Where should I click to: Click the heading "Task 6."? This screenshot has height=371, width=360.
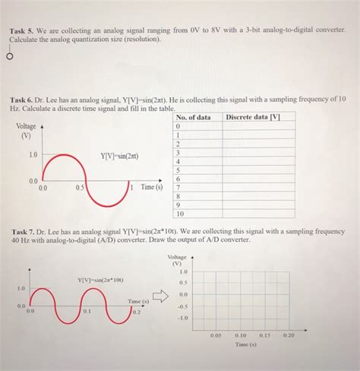[x=24, y=100]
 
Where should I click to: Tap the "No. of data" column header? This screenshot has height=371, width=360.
[x=193, y=117]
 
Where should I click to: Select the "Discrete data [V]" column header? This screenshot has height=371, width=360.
[x=253, y=117]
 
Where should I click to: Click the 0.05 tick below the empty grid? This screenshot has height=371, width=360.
[x=216, y=335]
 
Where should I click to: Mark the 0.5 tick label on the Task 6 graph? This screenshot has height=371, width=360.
[x=80, y=187]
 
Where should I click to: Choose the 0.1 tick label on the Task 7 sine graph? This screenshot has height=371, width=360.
[x=88, y=311]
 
